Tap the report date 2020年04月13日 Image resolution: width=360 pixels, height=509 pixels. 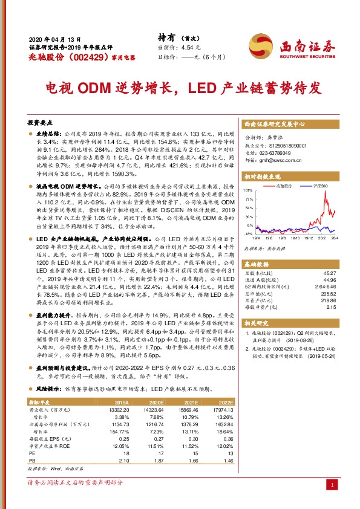[x=54, y=37]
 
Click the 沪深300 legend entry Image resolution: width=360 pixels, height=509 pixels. [x=318, y=187]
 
